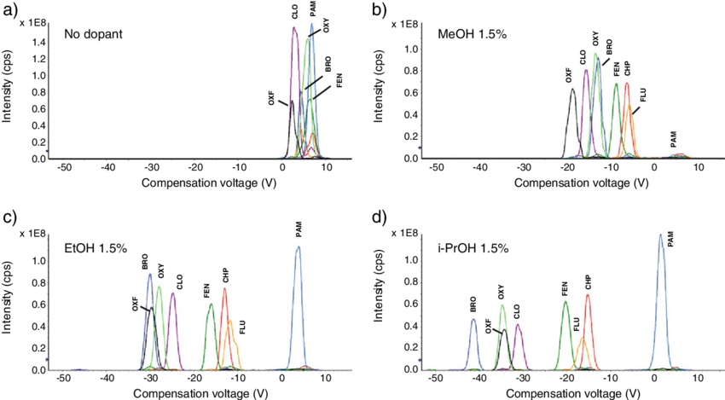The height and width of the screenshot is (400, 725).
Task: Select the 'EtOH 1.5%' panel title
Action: pyautogui.click(x=96, y=248)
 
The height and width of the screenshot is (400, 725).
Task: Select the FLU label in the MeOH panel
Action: pyautogui.click(x=643, y=95)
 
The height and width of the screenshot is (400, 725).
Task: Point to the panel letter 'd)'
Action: pyautogui.click(x=380, y=216)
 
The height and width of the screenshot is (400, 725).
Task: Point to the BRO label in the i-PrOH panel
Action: pyautogui.click(x=473, y=305)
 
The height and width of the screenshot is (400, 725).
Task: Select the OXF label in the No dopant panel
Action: pyautogui.click(x=272, y=96)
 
